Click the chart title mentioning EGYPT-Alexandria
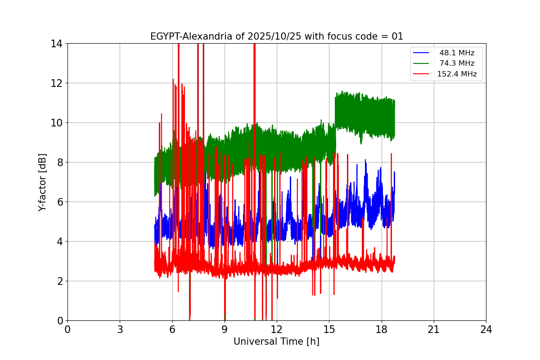tap(276, 36)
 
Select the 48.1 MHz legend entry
tap(457, 53)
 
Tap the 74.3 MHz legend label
tap(457, 63)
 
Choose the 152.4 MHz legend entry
tap(457, 74)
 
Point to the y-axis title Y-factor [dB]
tap(42, 182)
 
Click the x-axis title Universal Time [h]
tap(276, 342)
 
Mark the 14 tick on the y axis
tap(56, 44)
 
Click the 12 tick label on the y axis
tap(56, 83)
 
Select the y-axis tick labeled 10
tap(56, 123)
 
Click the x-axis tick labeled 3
tap(120, 330)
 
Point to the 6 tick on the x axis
tap(172, 330)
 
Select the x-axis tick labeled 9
tap(225, 330)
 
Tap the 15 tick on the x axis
tap(329, 330)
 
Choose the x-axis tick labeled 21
tap(434, 330)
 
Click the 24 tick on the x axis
tap(486, 330)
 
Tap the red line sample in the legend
tap(421, 74)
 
